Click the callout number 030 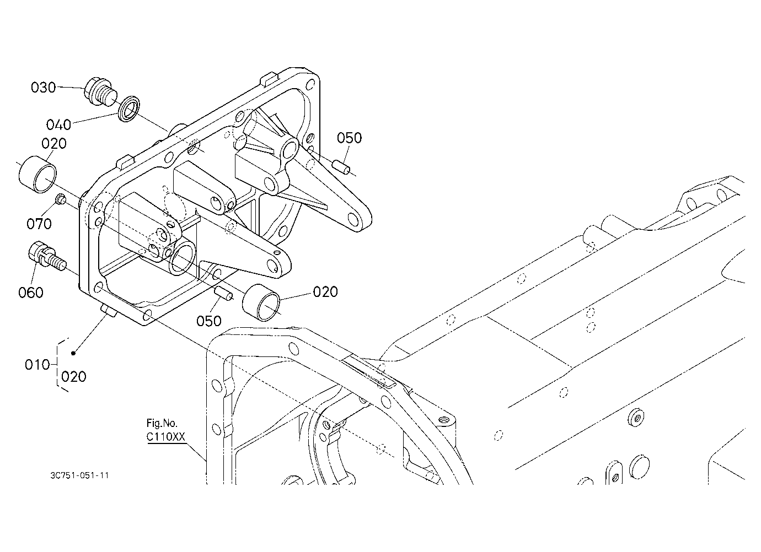click(x=43, y=88)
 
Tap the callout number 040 click(x=58, y=125)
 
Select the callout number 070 click(x=39, y=224)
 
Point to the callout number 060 click(x=31, y=293)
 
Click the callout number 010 click(x=37, y=365)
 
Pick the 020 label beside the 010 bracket click(x=74, y=377)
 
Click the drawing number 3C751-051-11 click(x=79, y=475)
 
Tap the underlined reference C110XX click(x=166, y=436)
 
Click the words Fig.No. click(x=162, y=423)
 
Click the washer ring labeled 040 click(x=128, y=109)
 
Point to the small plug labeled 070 click(x=61, y=199)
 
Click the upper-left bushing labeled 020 click(x=37, y=175)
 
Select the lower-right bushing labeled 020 click(x=261, y=302)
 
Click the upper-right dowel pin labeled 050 click(x=341, y=167)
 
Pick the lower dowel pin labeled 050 click(x=223, y=293)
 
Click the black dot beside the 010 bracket click(x=73, y=354)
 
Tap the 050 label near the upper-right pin click(x=349, y=138)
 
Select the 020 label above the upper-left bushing click(x=54, y=144)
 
